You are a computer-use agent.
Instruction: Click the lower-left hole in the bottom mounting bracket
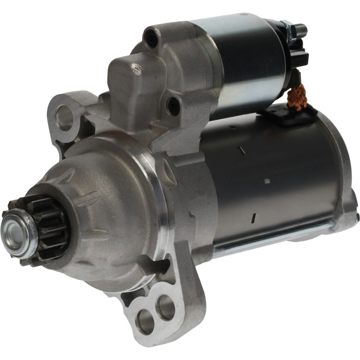click(145, 321)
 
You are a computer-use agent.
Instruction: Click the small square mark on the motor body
click(267, 181)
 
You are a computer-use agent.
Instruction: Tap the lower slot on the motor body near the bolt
click(253, 218)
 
